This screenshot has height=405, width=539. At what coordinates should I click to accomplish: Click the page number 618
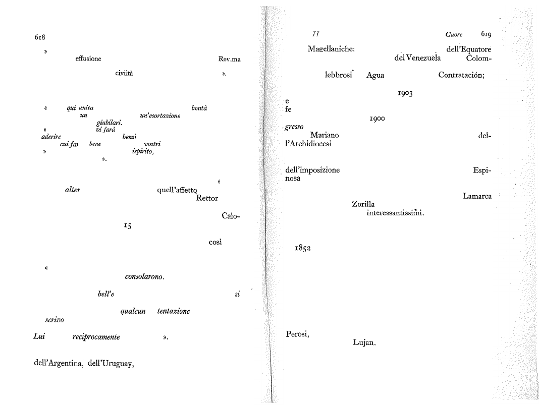[x=40, y=37]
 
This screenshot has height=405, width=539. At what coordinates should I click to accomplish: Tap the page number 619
[x=486, y=34]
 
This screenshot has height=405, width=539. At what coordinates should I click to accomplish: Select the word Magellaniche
[x=331, y=48]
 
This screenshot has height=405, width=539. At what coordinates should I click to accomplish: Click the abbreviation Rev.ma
[x=229, y=59]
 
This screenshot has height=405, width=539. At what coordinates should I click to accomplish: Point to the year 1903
[x=405, y=93]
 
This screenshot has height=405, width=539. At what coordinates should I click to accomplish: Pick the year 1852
[x=302, y=248]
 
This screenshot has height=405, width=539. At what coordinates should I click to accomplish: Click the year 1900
[x=377, y=119]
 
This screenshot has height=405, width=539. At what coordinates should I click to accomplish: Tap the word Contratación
[x=461, y=75]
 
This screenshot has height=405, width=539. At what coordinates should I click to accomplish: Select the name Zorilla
[x=363, y=204]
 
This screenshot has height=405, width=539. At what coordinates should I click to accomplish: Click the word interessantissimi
[x=395, y=213]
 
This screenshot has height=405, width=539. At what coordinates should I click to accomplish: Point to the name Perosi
[x=298, y=334]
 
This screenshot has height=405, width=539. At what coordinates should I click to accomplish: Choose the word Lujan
[x=364, y=342]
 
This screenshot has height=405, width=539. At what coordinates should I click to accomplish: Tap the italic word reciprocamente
[x=96, y=337]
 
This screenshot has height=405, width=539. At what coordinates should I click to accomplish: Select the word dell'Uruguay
[x=111, y=364]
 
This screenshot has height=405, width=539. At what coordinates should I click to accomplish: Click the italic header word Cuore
[x=454, y=34]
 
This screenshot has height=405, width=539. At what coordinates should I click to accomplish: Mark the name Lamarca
[x=477, y=196]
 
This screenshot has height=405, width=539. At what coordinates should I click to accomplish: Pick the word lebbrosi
[x=339, y=75]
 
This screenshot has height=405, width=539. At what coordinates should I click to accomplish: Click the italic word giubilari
[x=110, y=123]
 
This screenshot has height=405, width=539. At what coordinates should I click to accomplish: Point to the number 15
[x=128, y=225]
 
